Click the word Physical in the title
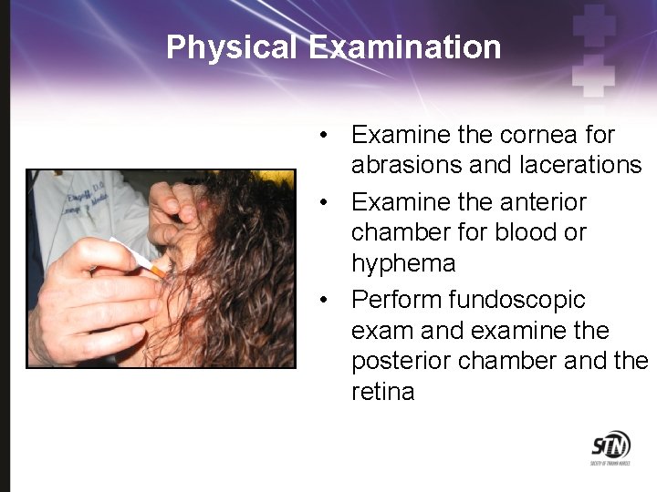(232, 46)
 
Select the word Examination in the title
(404, 46)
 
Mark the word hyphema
(402, 263)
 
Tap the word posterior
(401, 361)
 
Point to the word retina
(382, 392)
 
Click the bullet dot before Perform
(324, 300)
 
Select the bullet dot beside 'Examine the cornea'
(324, 135)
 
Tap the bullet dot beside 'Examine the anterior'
(324, 201)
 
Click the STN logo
(610, 447)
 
